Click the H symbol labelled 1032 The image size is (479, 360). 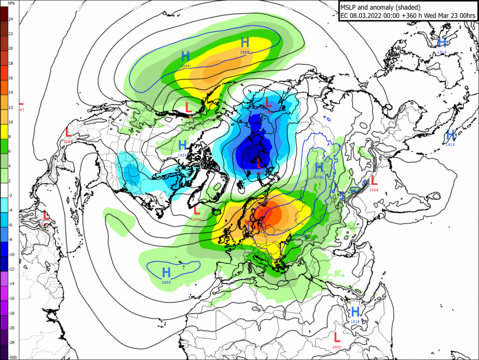(x=319, y=168)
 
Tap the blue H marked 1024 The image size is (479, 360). (x=182, y=145)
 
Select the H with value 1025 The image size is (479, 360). (x=166, y=272)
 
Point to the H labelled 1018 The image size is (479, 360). (x=355, y=311)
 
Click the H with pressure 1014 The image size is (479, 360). (x=442, y=42)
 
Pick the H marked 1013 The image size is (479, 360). (x=450, y=135)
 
